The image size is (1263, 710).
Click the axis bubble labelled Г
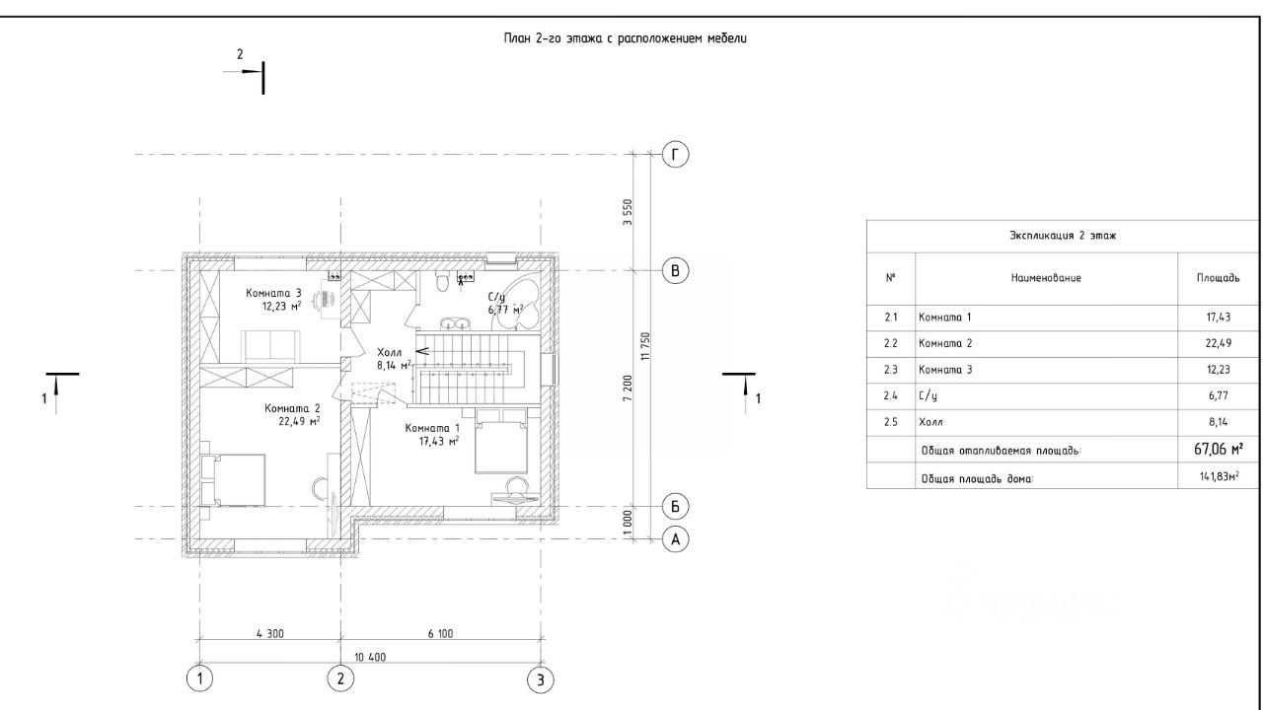click(x=675, y=155)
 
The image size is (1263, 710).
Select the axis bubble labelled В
click(x=675, y=271)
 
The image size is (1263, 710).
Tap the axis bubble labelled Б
click(x=675, y=507)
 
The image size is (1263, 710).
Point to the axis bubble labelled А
click(x=675, y=539)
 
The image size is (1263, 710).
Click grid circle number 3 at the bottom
click(x=540, y=680)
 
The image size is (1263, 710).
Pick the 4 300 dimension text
click(x=270, y=634)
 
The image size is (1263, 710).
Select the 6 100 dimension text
click(x=440, y=634)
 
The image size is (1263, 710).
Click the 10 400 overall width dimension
click(x=370, y=657)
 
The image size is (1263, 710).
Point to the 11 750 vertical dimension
click(x=645, y=346)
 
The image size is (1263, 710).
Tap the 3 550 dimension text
click(x=628, y=212)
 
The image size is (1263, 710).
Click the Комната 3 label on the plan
click(x=273, y=293)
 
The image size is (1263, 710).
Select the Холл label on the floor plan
click(x=390, y=353)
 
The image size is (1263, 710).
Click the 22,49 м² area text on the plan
click(x=299, y=421)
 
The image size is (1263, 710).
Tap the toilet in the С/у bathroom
click(x=442, y=281)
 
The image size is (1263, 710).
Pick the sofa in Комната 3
click(x=270, y=345)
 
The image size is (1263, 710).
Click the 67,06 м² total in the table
click(x=1219, y=449)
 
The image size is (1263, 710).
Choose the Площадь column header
click(x=1218, y=278)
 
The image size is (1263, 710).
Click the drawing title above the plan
click(x=626, y=38)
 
